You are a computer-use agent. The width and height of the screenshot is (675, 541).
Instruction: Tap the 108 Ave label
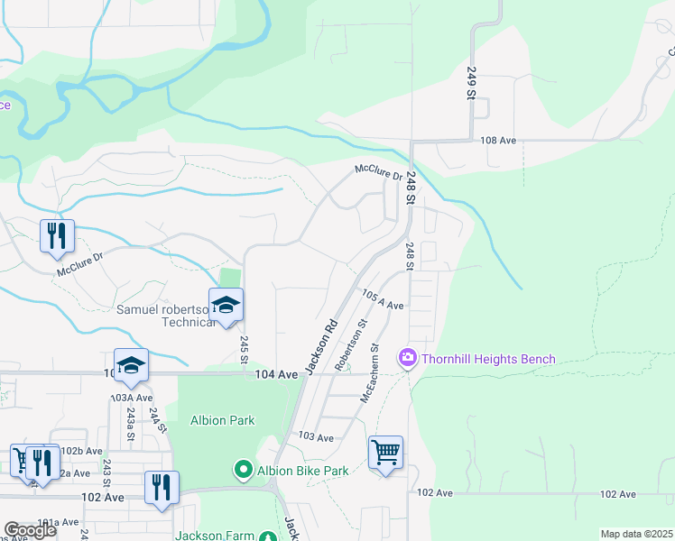[497, 141]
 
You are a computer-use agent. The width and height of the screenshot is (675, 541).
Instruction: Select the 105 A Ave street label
[382, 300]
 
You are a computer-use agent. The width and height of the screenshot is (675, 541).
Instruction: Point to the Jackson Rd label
[320, 346]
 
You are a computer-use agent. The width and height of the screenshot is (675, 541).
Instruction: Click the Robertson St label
[350, 344]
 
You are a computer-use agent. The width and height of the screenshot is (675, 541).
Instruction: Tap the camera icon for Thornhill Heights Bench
[408, 359]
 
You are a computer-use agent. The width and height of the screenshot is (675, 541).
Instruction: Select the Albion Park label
[222, 420]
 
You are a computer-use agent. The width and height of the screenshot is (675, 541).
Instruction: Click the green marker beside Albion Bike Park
[243, 470]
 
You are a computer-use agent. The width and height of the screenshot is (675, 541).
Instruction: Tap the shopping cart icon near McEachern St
[385, 452]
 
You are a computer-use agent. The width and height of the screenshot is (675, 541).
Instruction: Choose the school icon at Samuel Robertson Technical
[226, 304]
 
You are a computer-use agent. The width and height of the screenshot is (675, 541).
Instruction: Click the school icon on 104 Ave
[131, 364]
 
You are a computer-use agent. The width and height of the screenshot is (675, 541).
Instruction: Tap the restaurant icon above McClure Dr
[57, 235]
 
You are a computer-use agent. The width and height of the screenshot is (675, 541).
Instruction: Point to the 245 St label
[245, 350]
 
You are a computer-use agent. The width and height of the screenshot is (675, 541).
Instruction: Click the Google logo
[30, 531]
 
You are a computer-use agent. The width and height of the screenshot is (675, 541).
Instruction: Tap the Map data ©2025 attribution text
[636, 534]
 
